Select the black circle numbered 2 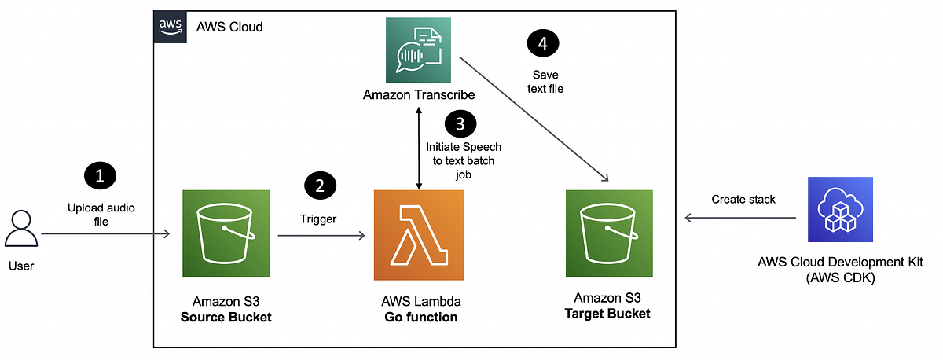[x=319, y=186]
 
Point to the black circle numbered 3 [x=460, y=123]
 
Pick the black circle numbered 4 [x=543, y=44]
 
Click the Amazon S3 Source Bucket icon [x=227, y=233]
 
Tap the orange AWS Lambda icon [x=419, y=233]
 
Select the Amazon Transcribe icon [x=419, y=50]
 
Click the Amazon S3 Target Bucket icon [x=610, y=233]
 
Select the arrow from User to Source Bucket [x=106, y=234]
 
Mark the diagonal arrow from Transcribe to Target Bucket [x=534, y=118]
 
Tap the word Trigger [x=318, y=219]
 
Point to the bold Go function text [x=420, y=317]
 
